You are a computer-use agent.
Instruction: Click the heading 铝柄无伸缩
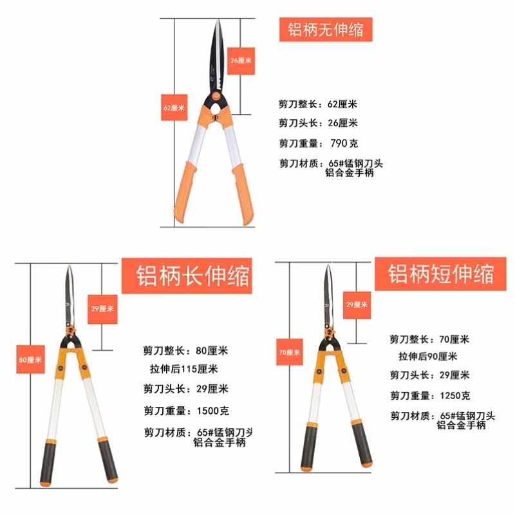326,30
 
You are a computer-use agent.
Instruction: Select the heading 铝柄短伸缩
441,274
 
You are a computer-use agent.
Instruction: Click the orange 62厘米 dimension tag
174,108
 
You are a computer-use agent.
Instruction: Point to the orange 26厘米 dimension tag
241,61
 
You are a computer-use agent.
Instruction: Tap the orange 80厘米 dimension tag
30,359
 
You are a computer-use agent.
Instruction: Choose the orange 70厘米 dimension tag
289,352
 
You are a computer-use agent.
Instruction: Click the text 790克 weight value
344,143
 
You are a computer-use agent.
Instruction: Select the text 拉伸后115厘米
184,369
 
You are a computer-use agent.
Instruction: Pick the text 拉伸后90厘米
428,357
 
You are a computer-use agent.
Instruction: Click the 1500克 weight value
213,411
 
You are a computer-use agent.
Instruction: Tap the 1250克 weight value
455,395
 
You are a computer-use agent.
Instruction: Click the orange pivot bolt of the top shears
216,96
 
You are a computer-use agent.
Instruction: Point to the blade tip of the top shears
218,21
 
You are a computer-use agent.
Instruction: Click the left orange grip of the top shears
185,191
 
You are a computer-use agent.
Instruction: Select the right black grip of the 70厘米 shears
362,444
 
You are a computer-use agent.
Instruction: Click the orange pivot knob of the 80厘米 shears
70,330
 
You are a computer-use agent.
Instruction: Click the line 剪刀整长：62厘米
317,104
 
